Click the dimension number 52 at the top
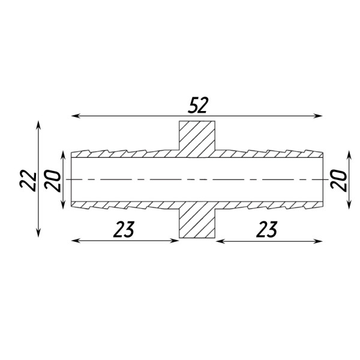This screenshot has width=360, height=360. pyautogui.click(x=197, y=106)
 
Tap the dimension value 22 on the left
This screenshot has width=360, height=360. pyautogui.click(x=28, y=180)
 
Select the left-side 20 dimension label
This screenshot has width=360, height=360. pyautogui.click(x=53, y=181)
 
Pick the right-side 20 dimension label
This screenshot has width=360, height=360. pyautogui.click(x=338, y=180)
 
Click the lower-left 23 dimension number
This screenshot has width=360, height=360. pyautogui.click(x=124, y=229)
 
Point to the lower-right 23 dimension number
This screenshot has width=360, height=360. pyautogui.click(x=267, y=229)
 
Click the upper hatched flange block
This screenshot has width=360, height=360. pyautogui.click(x=197, y=139)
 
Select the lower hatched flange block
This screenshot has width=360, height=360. pyautogui.click(x=197, y=220)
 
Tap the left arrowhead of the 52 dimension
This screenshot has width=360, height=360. pyautogui.click(x=76, y=116)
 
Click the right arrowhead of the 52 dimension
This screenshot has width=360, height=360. pyautogui.click(x=318, y=116)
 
